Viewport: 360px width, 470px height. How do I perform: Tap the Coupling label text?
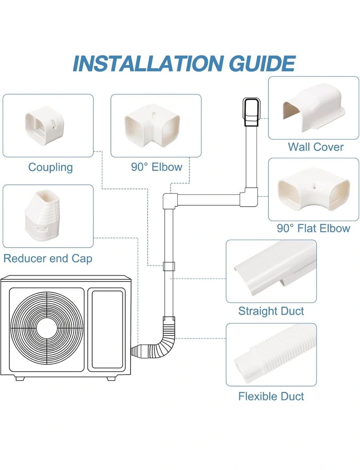pyautogui.click(x=50, y=167)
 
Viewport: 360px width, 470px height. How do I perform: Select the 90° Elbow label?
pyautogui.click(x=156, y=167)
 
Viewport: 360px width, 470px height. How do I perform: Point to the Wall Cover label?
pyautogui.click(x=316, y=147)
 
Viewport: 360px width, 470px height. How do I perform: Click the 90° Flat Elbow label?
pyautogui.click(x=313, y=228)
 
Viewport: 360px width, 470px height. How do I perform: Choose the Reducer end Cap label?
pyautogui.click(x=48, y=258)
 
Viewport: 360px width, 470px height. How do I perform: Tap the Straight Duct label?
pyautogui.click(x=271, y=311)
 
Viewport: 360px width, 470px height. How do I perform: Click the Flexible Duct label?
pyautogui.click(x=271, y=396)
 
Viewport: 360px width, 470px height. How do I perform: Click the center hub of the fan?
pyautogui.click(x=47, y=328)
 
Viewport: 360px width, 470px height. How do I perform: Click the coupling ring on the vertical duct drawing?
pyautogui.click(x=169, y=266)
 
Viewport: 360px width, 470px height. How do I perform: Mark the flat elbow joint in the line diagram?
pyautogui.click(x=249, y=197)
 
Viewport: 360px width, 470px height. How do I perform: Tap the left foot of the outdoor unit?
pyautogui.click(x=20, y=379)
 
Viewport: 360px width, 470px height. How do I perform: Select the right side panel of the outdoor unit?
pyautogui.click(x=107, y=329)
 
